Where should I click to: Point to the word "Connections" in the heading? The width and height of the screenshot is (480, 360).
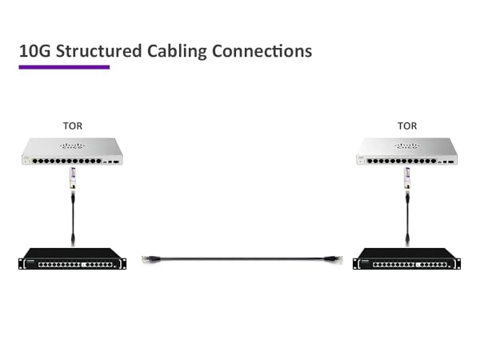pyautogui.click(x=263, y=50)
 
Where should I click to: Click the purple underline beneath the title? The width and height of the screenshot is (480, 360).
pyautogui.click(x=64, y=67)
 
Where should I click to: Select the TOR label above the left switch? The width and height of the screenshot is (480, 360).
pyautogui.click(x=72, y=126)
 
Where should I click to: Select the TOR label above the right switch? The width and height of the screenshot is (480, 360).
pyautogui.click(x=407, y=126)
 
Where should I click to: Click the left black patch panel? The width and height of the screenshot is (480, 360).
pyautogui.click(x=72, y=259)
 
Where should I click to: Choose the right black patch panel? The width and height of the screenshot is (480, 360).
pyautogui.click(x=407, y=259)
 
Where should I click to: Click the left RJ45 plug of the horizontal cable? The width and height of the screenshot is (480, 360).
pyautogui.click(x=150, y=258)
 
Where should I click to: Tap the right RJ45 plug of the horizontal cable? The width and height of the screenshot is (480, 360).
pyautogui.click(x=330, y=258)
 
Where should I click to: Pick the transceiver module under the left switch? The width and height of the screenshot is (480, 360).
pyautogui.click(x=72, y=178)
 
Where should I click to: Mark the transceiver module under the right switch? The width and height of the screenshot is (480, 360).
pyautogui.click(x=407, y=178)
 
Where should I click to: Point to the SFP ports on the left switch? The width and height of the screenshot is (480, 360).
pyautogui.click(x=113, y=162)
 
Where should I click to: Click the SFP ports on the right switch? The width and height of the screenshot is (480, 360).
pyautogui.click(x=448, y=162)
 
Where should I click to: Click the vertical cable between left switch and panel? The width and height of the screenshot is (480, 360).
pyautogui.click(x=72, y=212)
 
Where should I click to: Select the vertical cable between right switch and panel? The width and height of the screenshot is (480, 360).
pyautogui.click(x=407, y=212)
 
